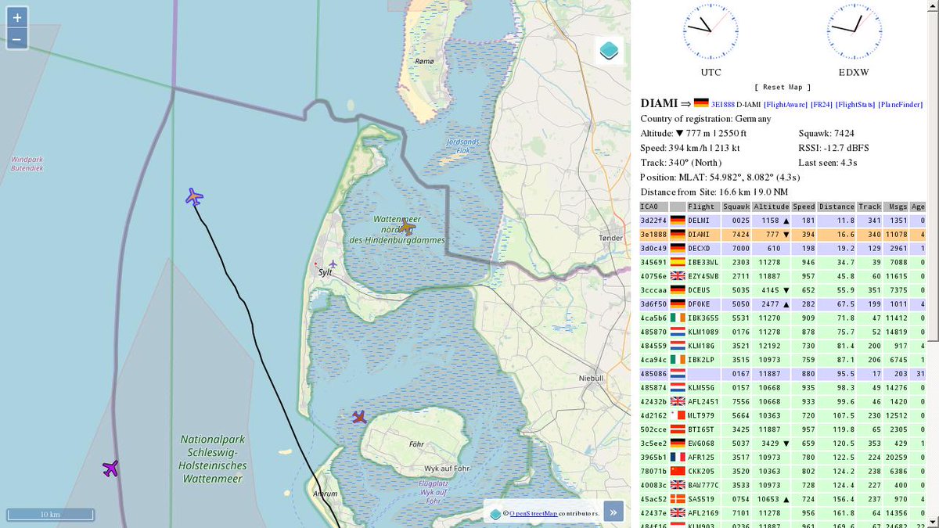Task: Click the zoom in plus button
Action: click(17, 16)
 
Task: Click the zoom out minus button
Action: click(17, 38)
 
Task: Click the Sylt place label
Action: click(325, 272)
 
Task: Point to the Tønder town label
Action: click(610, 238)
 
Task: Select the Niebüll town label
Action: click(591, 378)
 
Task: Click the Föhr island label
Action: click(416, 444)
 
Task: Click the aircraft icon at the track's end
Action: click(194, 197)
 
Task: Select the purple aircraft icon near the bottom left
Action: click(110, 469)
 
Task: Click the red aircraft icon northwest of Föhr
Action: click(359, 417)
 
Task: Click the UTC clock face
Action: click(710, 31)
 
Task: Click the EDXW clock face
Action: click(854, 31)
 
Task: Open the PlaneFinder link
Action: click(900, 104)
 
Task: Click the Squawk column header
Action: click(736, 207)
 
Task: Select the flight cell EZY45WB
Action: click(703, 276)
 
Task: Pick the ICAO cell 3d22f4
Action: click(653, 221)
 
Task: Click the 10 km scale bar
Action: click(50, 514)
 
